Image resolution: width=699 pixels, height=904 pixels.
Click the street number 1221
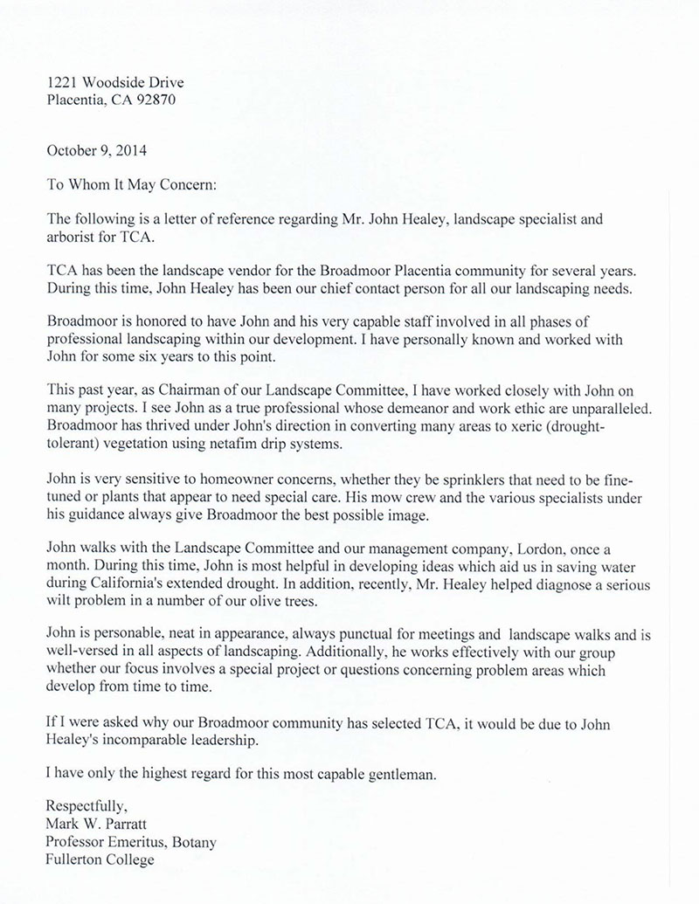click(x=61, y=82)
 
